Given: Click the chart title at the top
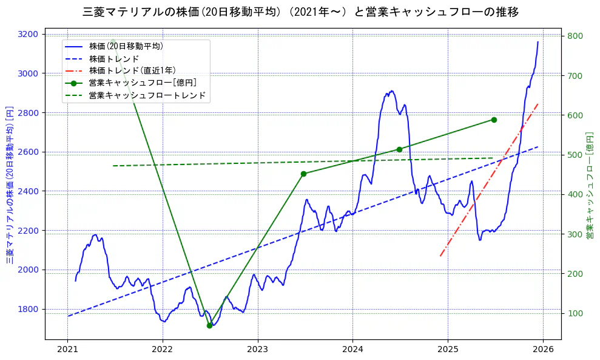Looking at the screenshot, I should click(x=300, y=12).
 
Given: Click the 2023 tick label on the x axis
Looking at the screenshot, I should click(x=257, y=349).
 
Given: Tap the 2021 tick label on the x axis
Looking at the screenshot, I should click(x=67, y=349).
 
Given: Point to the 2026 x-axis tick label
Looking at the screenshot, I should click(x=543, y=349).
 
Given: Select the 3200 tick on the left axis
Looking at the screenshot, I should click(x=29, y=34).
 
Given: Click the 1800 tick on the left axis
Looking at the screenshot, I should click(x=29, y=309).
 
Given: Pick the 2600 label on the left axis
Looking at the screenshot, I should click(x=29, y=152).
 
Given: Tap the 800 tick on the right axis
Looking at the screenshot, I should click(x=575, y=36).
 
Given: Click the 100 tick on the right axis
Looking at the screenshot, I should click(x=575, y=313).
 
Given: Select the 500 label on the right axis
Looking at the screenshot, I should click(x=575, y=155).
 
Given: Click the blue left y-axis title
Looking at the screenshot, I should click(x=10, y=185).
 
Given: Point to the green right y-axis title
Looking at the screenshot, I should click(x=589, y=185).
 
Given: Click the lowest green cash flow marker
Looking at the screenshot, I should click(x=209, y=325).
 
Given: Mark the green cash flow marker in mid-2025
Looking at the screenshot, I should click(x=494, y=120).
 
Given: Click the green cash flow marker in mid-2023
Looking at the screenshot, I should click(x=303, y=174).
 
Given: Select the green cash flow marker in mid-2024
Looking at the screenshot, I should click(x=399, y=149).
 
